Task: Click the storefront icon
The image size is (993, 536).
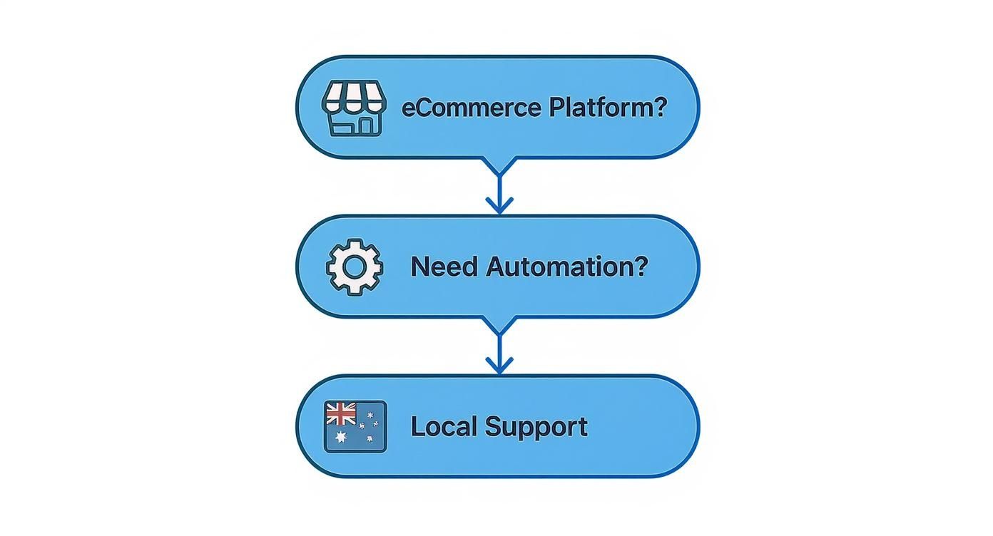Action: (x=354, y=108)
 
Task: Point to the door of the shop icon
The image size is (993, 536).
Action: (x=365, y=125)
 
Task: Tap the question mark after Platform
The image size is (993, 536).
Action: (x=661, y=108)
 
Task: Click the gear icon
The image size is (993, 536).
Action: (x=354, y=267)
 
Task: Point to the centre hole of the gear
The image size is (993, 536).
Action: (x=354, y=267)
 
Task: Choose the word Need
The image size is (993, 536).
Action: (x=444, y=267)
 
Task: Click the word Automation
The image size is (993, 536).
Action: (x=558, y=267)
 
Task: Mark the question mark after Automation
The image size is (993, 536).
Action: (x=641, y=267)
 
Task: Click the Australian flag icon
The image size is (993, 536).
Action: (x=355, y=426)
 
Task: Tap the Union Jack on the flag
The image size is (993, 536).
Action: (x=340, y=413)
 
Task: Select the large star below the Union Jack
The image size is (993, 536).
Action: (x=340, y=436)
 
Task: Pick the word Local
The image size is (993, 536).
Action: (x=443, y=426)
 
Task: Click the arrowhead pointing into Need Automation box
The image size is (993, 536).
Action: (x=499, y=207)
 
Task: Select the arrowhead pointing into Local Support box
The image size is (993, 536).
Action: (x=499, y=366)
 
